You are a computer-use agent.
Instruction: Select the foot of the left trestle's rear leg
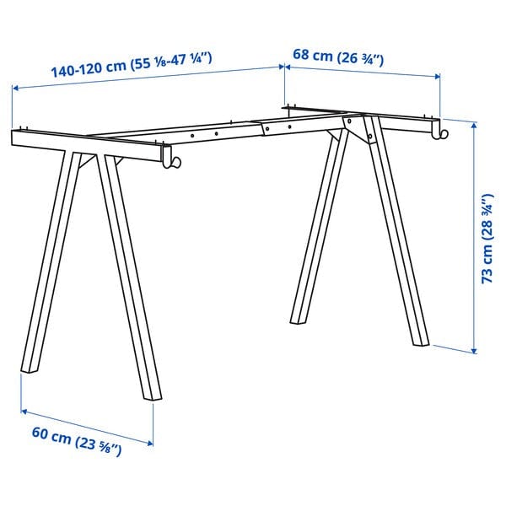click(150, 396)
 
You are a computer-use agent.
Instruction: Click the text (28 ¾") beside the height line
click(487, 218)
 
